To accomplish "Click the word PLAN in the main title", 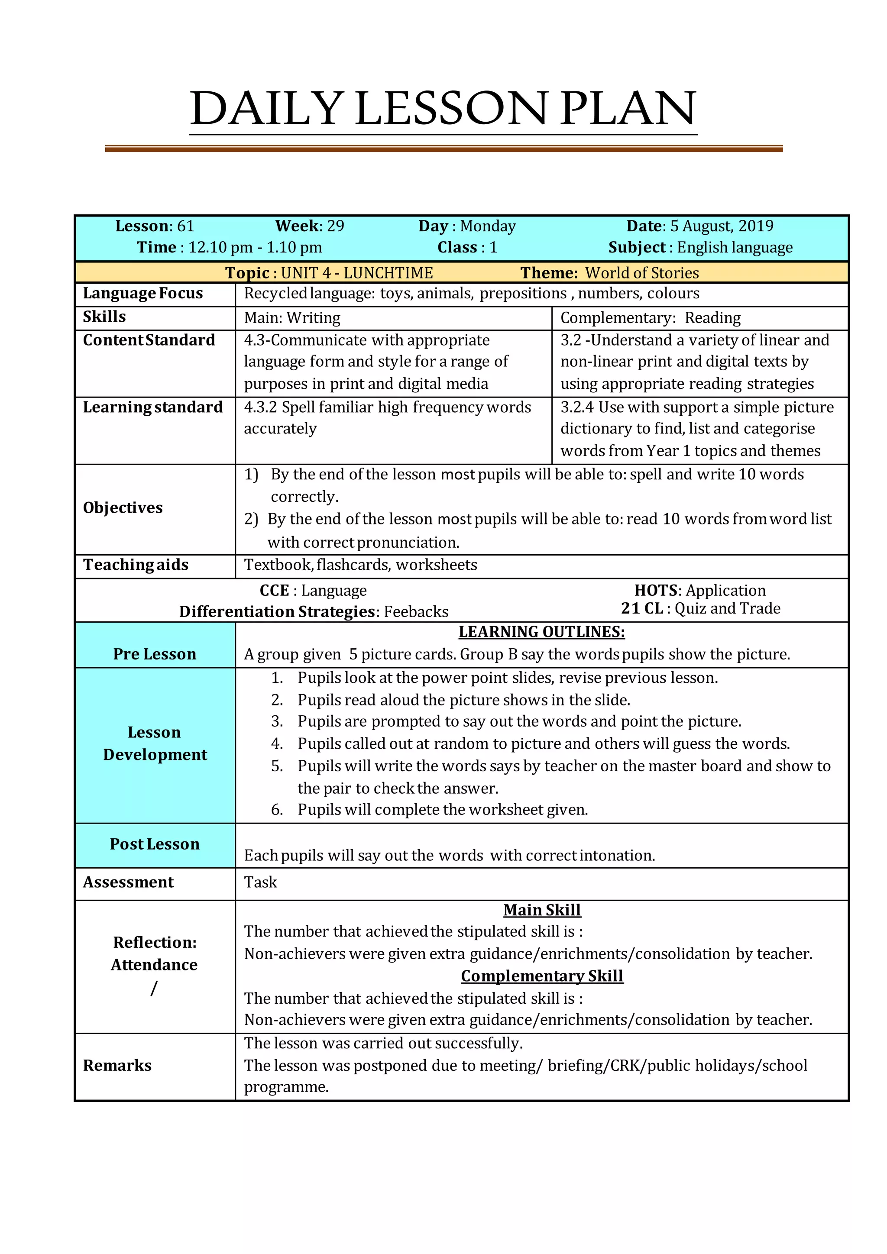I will click(628, 108).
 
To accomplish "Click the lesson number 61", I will click(186, 226).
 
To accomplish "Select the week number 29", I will click(335, 226).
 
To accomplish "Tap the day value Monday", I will click(488, 226).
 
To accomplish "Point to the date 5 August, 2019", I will click(722, 226).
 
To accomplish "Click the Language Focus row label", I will click(142, 293).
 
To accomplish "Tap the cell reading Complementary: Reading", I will click(650, 317).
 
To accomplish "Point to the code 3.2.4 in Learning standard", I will click(577, 407).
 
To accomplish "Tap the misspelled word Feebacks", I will click(416, 612).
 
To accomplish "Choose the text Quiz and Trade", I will click(727, 608).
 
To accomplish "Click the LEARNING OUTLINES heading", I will click(541, 632).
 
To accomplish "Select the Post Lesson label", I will click(155, 844).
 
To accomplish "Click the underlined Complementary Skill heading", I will click(541, 976).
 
